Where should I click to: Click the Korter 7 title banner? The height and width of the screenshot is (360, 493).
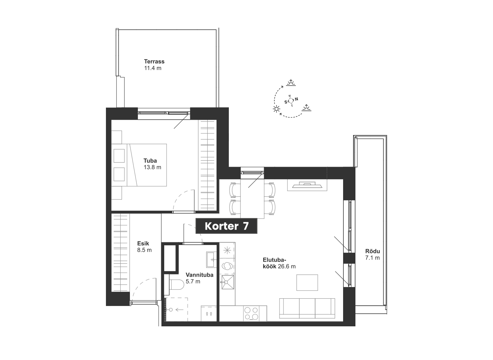pyautogui.click(x=226, y=226)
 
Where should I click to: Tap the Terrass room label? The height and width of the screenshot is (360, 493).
pyautogui.click(x=154, y=61)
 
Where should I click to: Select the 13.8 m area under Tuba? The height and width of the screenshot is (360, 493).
pyautogui.click(x=152, y=167)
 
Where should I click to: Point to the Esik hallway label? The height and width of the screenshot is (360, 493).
pyautogui.click(x=143, y=243)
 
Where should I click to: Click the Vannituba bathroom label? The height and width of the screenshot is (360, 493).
pyautogui.click(x=200, y=275)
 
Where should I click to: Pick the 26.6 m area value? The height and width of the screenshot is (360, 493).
pyautogui.click(x=286, y=266)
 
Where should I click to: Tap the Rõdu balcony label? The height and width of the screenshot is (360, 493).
pyautogui.click(x=373, y=251)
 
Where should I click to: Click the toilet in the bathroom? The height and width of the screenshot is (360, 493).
pyautogui.click(x=176, y=285)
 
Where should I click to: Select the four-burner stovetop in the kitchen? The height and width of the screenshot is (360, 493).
pyautogui.click(x=251, y=314)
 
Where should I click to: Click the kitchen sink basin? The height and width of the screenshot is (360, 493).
pyautogui.click(x=228, y=282)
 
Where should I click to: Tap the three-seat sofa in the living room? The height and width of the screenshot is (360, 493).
pyautogui.click(x=307, y=308)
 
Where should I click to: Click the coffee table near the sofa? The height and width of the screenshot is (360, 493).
pyautogui.click(x=307, y=282)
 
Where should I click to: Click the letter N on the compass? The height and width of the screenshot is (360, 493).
pyautogui.click(x=296, y=99)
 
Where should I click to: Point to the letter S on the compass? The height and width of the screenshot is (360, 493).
pyautogui.click(x=286, y=102)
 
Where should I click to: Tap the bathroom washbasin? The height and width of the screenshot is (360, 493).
pyautogui.click(x=211, y=259)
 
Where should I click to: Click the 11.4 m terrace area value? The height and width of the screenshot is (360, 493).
pyautogui.click(x=153, y=68)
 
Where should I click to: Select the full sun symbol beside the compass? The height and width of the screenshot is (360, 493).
pyautogui.click(x=276, y=109)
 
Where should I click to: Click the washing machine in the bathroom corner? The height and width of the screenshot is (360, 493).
pyautogui.click(x=209, y=314)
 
